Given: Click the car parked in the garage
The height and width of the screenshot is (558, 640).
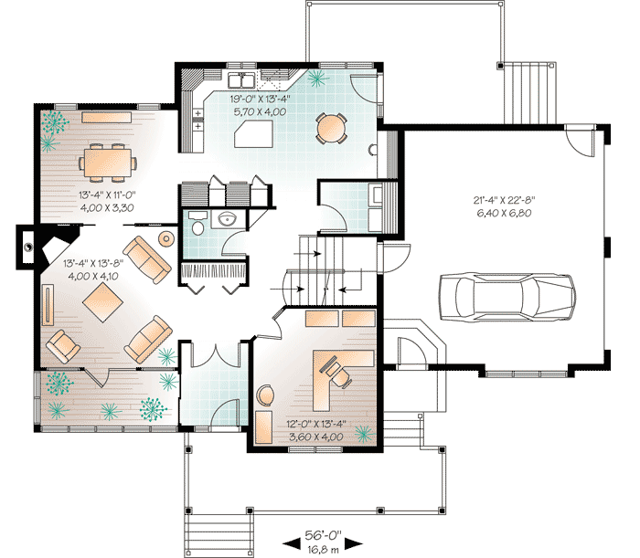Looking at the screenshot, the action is pyautogui.click(x=507, y=297).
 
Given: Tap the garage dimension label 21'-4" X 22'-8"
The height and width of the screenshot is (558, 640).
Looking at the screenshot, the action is pyautogui.click(x=504, y=200).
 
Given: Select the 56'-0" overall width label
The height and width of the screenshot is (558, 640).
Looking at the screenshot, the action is pyautogui.click(x=323, y=535).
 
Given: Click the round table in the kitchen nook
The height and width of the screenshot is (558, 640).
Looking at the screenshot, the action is pyautogui.click(x=331, y=128).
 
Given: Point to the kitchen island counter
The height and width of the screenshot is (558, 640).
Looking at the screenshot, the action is pyautogui.click(x=253, y=133).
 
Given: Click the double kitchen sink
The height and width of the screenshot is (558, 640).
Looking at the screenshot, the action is pyautogui.click(x=241, y=79).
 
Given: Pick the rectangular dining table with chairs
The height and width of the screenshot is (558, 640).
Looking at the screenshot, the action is pyautogui.click(x=108, y=163).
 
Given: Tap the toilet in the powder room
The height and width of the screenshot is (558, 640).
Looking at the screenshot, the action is pyautogui.click(x=198, y=227).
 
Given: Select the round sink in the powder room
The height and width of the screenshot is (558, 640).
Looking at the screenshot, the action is pyautogui.click(x=226, y=218).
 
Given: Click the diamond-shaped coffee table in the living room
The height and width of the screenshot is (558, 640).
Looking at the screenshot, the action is pyautogui.click(x=102, y=302).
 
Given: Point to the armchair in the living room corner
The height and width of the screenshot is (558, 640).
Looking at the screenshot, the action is pyautogui.click(x=63, y=346).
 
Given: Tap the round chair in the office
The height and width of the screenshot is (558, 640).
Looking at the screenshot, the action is pyautogui.click(x=265, y=395).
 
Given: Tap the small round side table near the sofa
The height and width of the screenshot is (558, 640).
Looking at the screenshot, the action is pyautogui.click(x=166, y=239).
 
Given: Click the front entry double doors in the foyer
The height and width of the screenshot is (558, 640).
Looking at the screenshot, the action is pyautogui.click(x=214, y=355).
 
